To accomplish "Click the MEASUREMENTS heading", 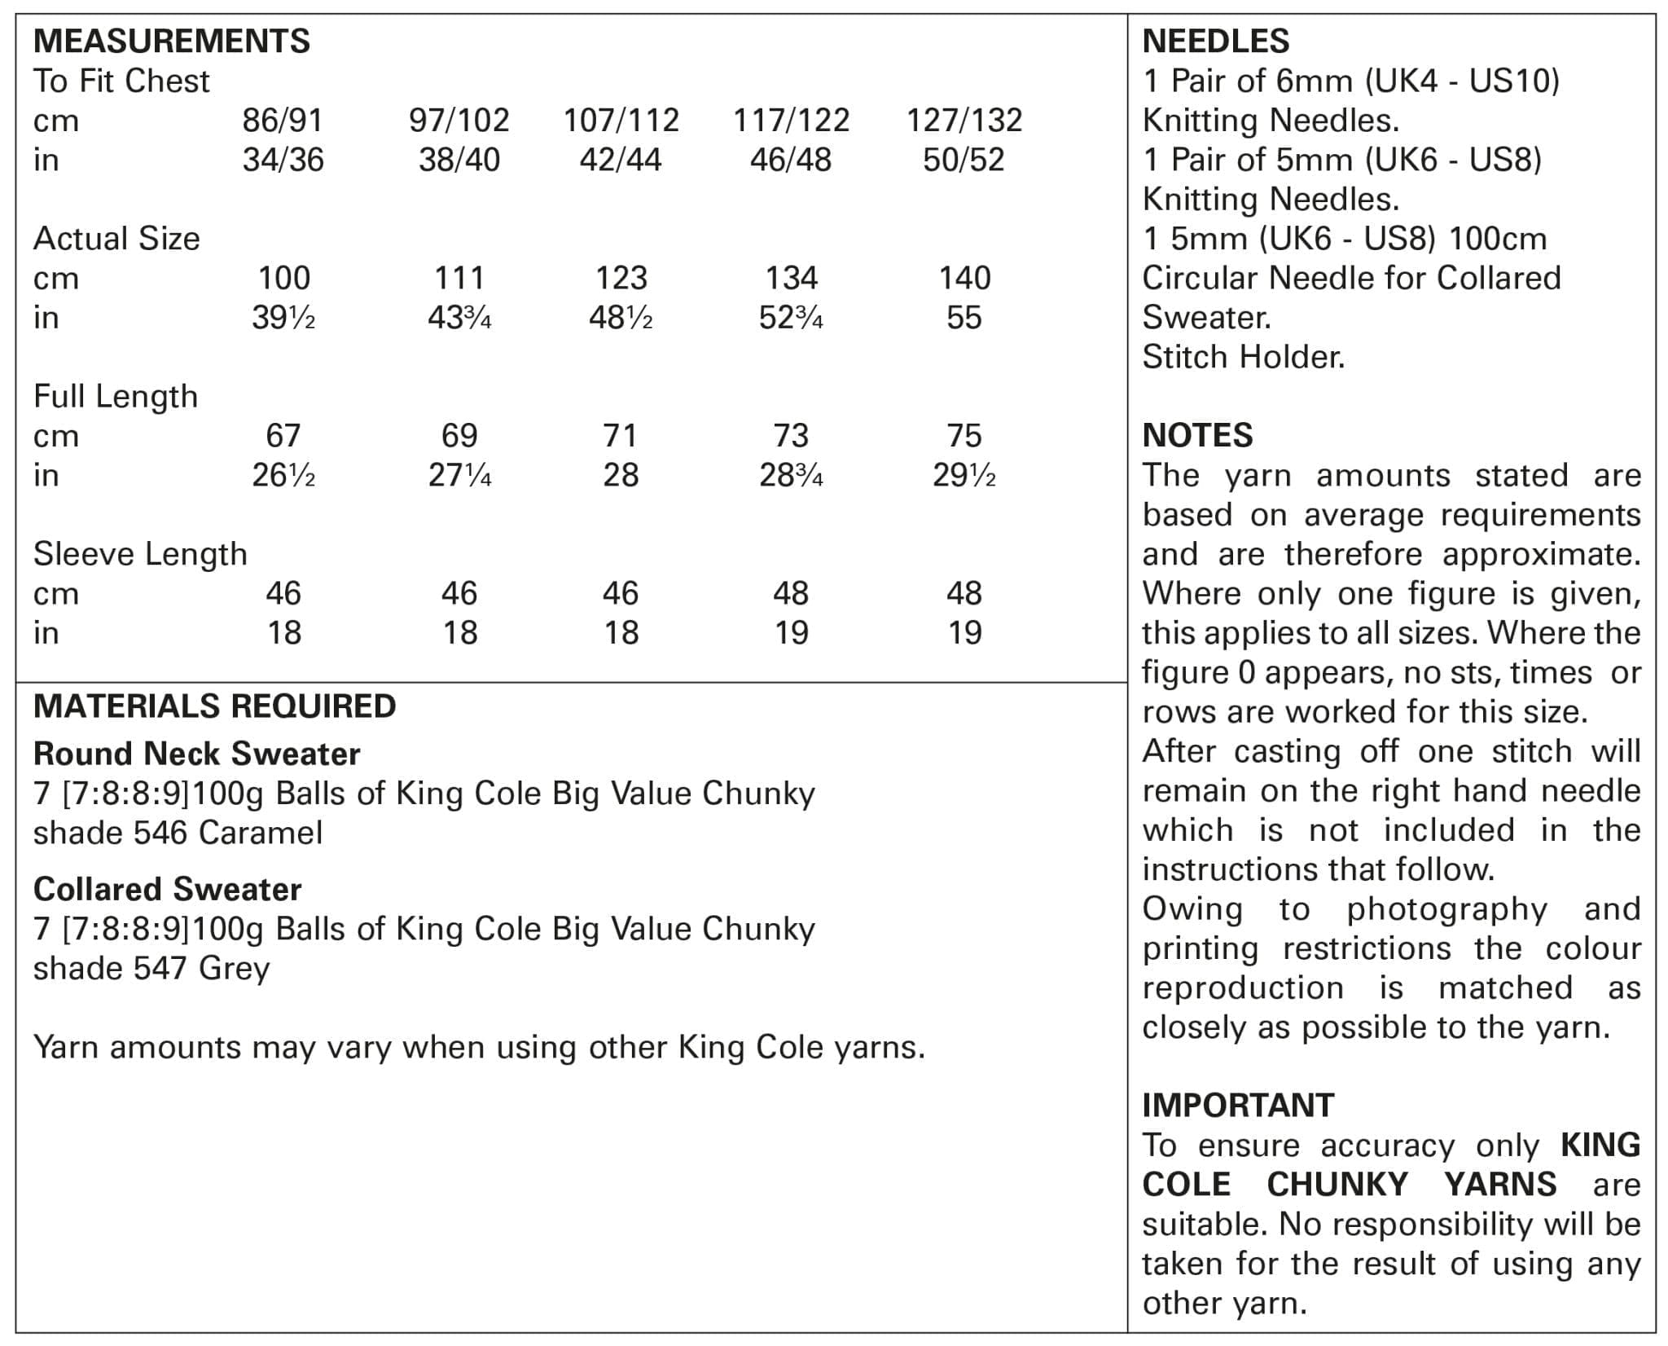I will tap(171, 41).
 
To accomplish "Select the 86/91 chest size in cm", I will tap(283, 121).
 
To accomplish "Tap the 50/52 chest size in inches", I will tap(963, 160).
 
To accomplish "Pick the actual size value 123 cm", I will tap(621, 279).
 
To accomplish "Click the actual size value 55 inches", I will tap(963, 318).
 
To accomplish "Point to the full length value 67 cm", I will tap(283, 436).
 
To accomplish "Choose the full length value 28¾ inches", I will tap(790, 475).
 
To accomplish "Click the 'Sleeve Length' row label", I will tap(140, 554).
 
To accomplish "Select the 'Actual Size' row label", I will tap(116, 239).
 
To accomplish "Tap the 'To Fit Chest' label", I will tap(121, 81).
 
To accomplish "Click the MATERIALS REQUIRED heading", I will tap(214, 706).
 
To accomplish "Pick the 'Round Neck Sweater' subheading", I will tap(196, 754).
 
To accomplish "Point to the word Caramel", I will tap(261, 833).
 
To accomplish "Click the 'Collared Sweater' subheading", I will tap(167, 889).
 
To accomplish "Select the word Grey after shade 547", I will tap(234, 968).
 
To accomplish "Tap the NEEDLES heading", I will tap(1216, 41).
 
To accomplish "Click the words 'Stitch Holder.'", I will tap(1243, 357).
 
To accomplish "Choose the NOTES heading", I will tap(1197, 435).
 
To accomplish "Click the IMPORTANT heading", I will tap(1238, 1106).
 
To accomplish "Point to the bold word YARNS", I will tap(1500, 1184).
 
